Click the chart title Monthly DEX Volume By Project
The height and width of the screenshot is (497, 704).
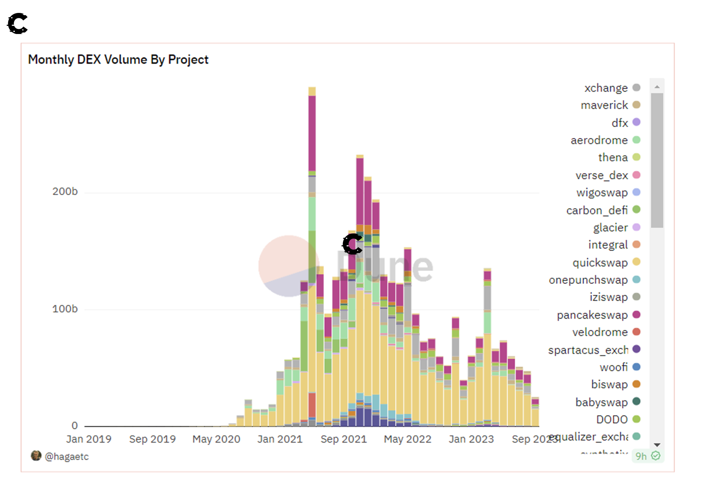tap(118, 59)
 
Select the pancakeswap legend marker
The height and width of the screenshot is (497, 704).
tap(636, 314)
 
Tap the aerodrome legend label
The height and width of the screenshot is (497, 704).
tap(599, 140)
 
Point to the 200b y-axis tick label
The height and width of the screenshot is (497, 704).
tap(65, 192)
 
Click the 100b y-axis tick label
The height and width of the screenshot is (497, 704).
tap(65, 309)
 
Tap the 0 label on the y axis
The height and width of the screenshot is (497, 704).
tap(74, 425)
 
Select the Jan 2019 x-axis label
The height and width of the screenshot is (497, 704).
tap(89, 439)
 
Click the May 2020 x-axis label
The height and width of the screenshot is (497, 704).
tap(216, 439)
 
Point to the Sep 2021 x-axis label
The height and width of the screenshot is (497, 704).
tap(344, 439)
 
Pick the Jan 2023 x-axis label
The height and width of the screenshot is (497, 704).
tap(471, 439)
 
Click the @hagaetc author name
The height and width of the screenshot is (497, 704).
tap(66, 456)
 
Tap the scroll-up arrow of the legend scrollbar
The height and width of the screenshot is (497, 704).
tap(657, 87)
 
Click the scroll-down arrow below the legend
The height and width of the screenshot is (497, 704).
tap(657, 445)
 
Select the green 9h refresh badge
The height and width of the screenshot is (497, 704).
tap(648, 456)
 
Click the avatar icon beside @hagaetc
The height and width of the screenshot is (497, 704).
tap(36, 456)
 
